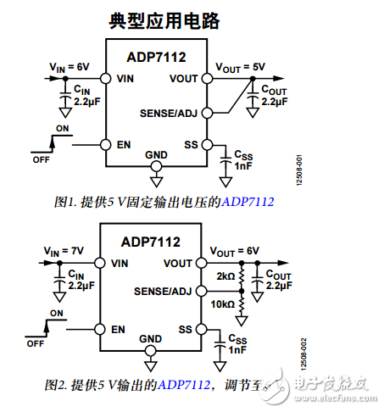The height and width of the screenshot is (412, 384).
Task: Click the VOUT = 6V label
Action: coord(233,251)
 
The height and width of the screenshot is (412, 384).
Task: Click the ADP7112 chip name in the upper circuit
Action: coord(156,58)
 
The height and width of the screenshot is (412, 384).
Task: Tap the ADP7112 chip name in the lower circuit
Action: coord(150,242)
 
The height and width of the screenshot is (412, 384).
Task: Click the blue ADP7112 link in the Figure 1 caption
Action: coord(248,203)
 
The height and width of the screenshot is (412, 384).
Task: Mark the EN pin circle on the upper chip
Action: coord(105,145)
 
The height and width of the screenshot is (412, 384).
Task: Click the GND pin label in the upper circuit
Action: coord(156,154)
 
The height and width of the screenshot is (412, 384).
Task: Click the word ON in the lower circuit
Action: coord(56,314)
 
